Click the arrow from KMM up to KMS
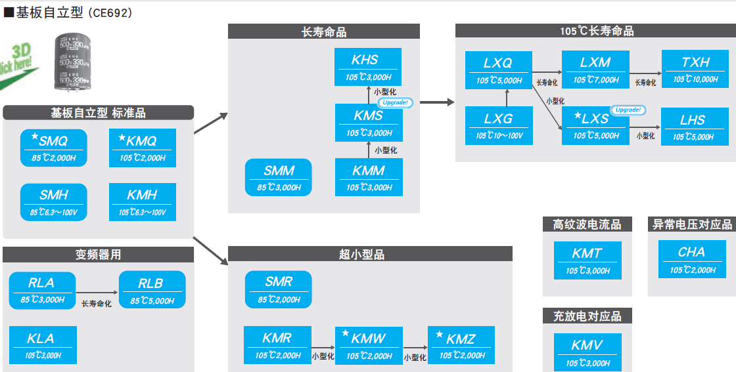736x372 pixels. [x=369, y=150]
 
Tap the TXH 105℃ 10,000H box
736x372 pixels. [x=695, y=70]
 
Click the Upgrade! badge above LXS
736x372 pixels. [x=628, y=110]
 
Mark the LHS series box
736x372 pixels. [x=693, y=127]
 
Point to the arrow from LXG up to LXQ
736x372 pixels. [x=507, y=98]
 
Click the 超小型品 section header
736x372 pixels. [x=370, y=254]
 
